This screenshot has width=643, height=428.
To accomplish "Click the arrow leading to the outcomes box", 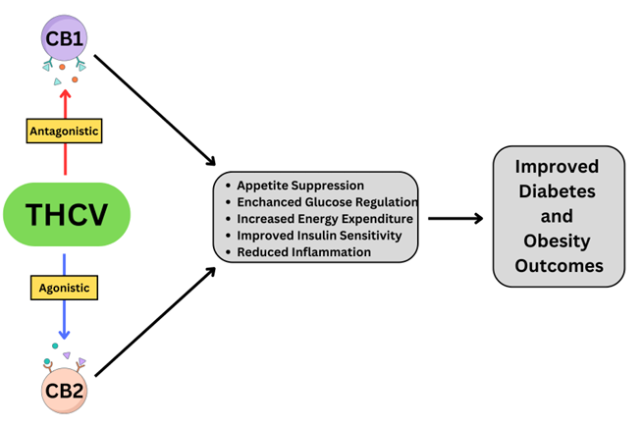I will click(x=457, y=218).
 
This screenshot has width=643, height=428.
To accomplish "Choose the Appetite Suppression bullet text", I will click(x=300, y=186).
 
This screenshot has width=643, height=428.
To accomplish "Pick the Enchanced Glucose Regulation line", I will click(x=320, y=202).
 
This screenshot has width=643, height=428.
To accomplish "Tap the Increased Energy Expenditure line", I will click(x=325, y=218).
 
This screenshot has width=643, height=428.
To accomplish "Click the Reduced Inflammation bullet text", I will click(x=303, y=251).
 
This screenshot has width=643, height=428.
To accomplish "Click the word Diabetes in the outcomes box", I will click(x=558, y=190).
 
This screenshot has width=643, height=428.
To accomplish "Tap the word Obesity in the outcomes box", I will click(x=558, y=241).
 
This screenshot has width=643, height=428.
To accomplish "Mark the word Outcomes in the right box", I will click(x=558, y=266).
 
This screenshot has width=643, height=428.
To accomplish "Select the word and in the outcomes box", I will click(x=558, y=216).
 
